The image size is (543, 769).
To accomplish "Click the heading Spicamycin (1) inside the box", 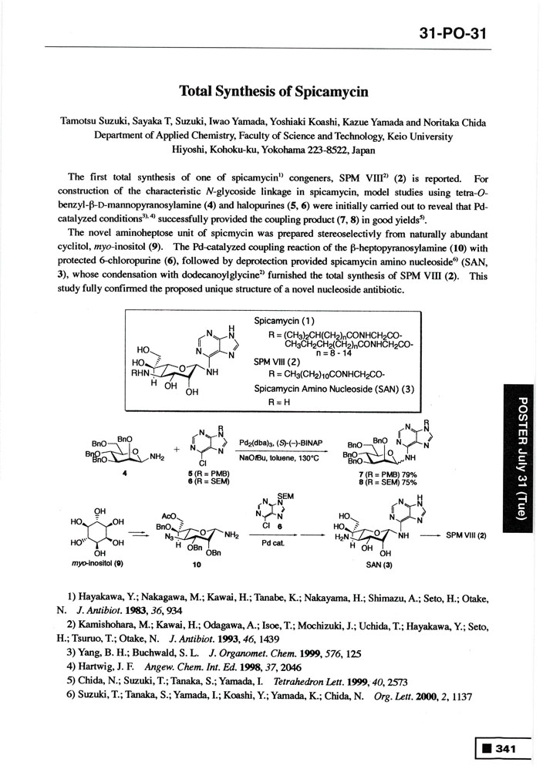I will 280,320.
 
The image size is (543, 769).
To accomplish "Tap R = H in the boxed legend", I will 278,401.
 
